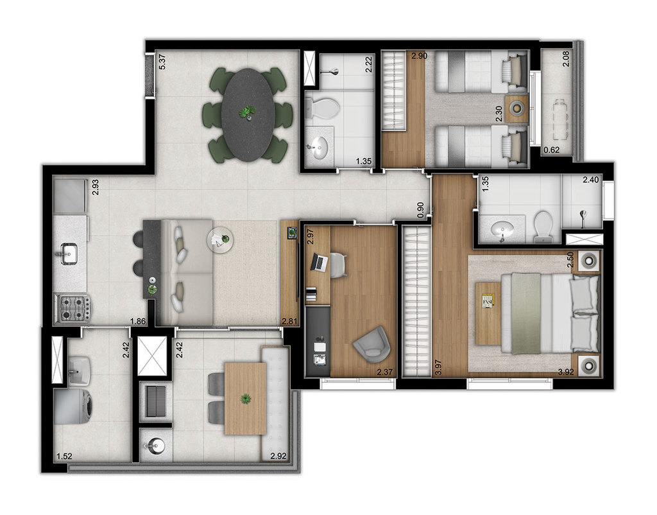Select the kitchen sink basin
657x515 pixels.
pos(69,254)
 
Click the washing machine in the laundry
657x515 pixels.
pos(74,406)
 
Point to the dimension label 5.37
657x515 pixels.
pos(162,62)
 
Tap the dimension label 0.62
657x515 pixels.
pos(551,150)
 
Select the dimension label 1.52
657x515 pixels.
pos(64,457)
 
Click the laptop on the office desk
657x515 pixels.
pos(320,262)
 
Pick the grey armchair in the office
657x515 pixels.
pos(372,344)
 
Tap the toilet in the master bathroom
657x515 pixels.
pos(543,227)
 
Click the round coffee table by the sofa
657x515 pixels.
pos(221,240)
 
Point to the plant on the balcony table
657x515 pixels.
pos(245,398)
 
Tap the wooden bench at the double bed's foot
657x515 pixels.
pos(488,314)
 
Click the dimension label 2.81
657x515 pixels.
pos(290,322)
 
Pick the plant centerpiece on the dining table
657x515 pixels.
pos(247,112)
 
